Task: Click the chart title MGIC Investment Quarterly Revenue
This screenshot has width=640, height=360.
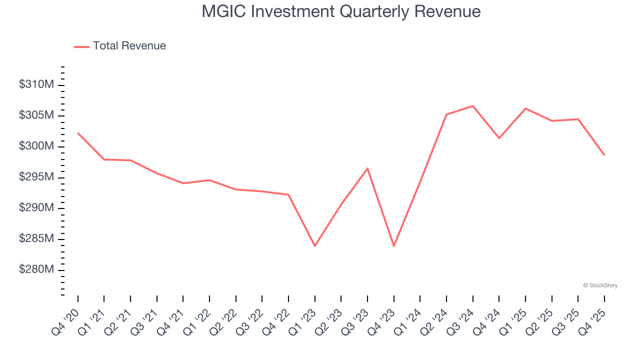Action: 341,11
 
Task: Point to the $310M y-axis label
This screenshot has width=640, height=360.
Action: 36,85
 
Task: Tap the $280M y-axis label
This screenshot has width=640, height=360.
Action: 36,270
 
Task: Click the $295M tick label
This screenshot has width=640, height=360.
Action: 36,177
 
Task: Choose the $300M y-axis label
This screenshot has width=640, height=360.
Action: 36,146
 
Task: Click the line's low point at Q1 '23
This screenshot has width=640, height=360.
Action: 315,246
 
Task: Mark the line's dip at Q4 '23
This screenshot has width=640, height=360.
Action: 394,246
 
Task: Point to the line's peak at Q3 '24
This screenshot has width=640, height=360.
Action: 472,106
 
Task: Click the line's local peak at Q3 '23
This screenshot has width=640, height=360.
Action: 367,168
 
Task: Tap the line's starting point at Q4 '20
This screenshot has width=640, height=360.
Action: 78,133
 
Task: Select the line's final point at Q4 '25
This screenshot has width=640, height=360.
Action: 604,155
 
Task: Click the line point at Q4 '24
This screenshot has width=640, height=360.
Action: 499,138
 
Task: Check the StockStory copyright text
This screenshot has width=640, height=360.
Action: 600,285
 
